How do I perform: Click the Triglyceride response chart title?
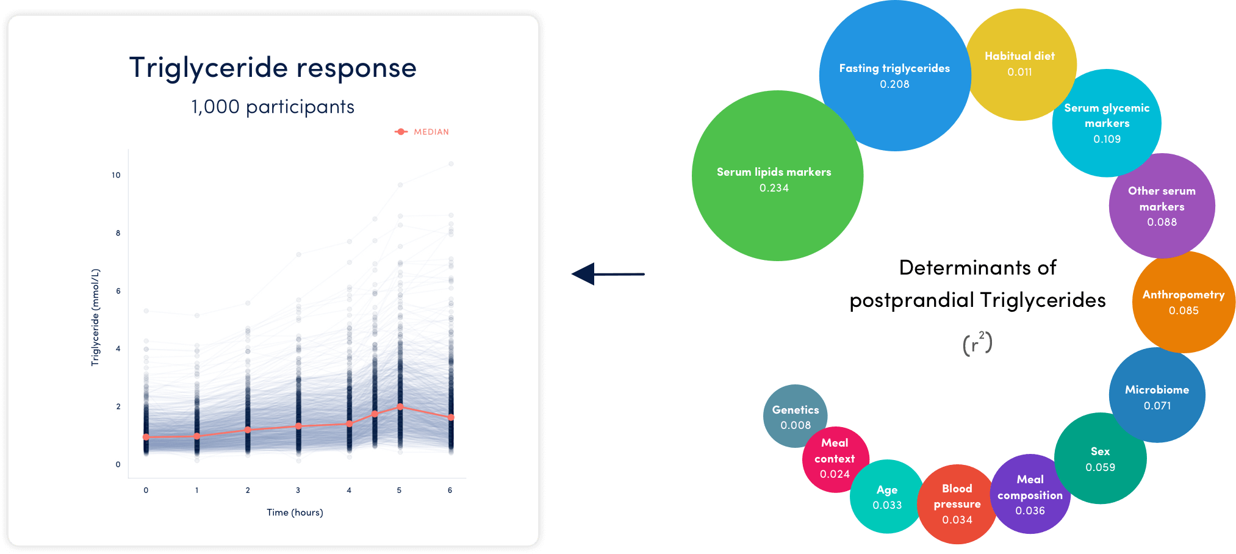click(x=273, y=68)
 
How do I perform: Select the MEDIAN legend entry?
click(x=422, y=132)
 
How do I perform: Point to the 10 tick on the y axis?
click(x=116, y=175)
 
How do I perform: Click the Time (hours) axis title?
click(x=295, y=513)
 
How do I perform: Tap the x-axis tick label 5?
click(x=399, y=490)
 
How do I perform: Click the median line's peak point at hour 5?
click(x=400, y=406)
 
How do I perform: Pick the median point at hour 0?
click(x=146, y=437)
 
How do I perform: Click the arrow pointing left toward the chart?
click(x=608, y=274)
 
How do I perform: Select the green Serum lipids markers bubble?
click(x=777, y=176)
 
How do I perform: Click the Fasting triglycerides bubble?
click(x=895, y=76)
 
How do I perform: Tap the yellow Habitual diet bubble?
click(x=1021, y=65)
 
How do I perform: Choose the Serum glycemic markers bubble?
click(x=1107, y=123)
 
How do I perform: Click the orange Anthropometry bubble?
click(x=1184, y=302)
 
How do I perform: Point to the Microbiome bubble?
click(x=1157, y=395)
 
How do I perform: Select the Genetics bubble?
click(x=796, y=416)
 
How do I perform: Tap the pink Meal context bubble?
click(x=835, y=459)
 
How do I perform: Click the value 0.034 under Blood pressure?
click(x=957, y=520)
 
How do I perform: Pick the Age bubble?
click(x=887, y=497)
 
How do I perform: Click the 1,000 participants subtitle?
click(x=273, y=107)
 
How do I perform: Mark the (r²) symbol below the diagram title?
click(x=977, y=344)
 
